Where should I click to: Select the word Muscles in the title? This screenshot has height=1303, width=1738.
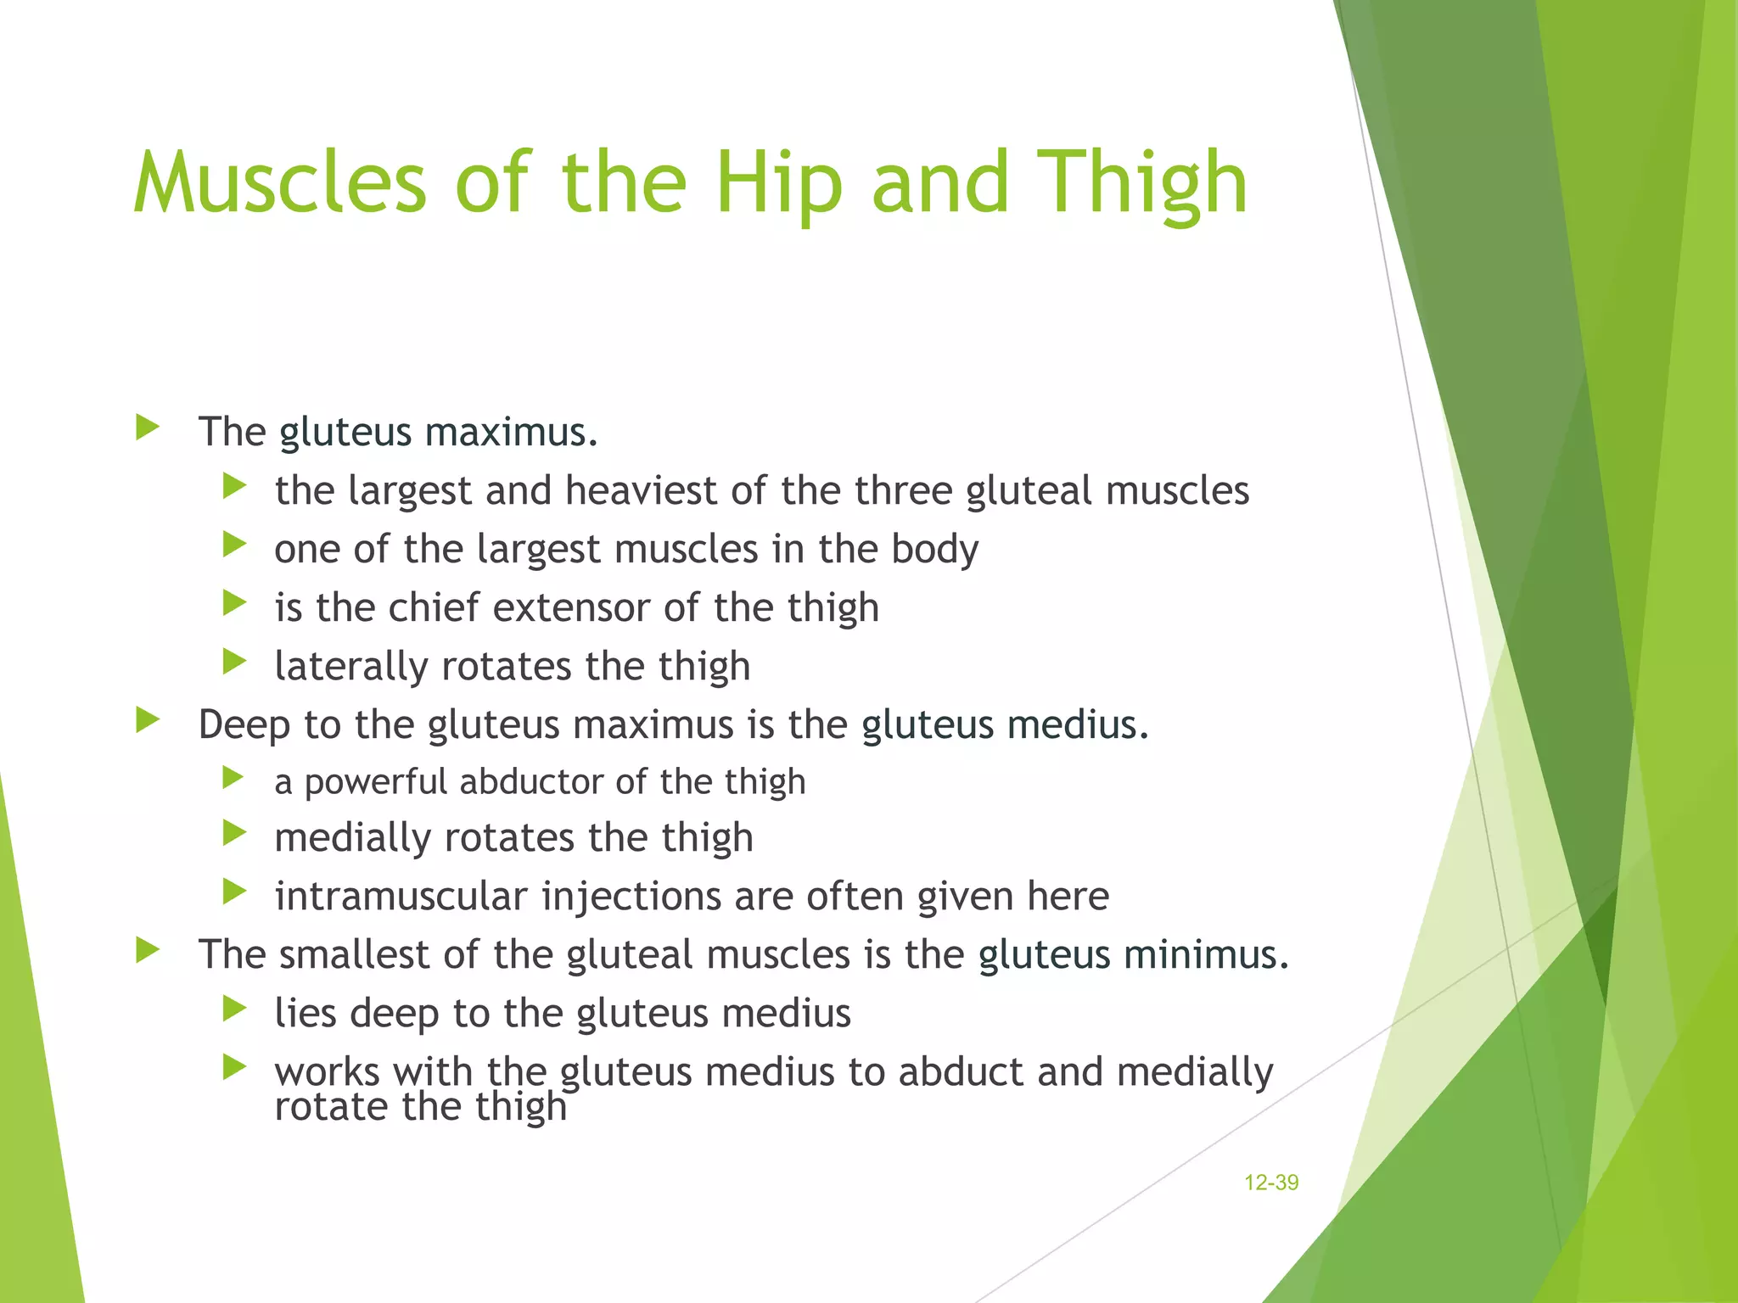click(x=280, y=183)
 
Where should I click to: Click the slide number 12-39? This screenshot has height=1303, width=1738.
click(x=1270, y=1183)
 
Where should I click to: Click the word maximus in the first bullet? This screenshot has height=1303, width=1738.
click(x=512, y=432)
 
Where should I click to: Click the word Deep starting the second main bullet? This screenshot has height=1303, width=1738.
click(x=244, y=724)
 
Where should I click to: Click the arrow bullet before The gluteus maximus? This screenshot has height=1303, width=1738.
click(x=148, y=428)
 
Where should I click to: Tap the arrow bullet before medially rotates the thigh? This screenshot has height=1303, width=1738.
click(x=234, y=834)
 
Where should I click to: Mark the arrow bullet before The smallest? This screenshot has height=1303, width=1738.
click(x=148, y=950)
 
